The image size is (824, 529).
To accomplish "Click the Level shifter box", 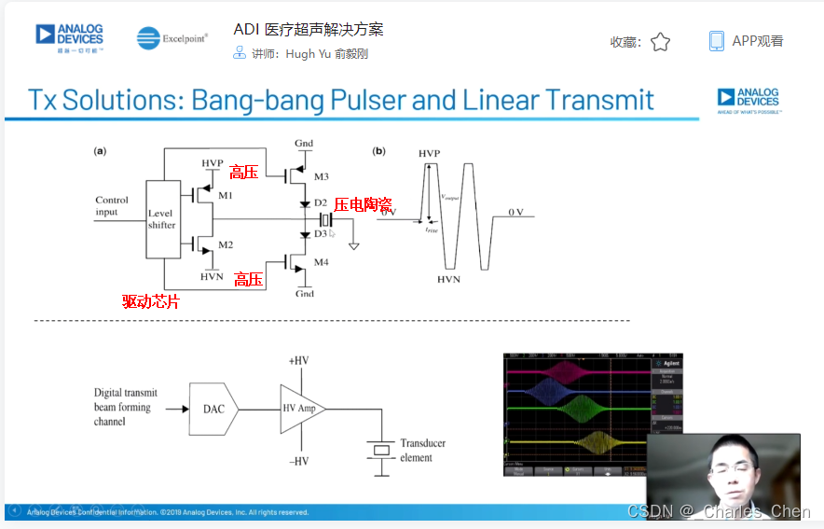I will click(x=163, y=219).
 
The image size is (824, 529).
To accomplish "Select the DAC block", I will click(x=213, y=408).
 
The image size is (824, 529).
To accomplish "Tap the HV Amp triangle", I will click(x=302, y=408).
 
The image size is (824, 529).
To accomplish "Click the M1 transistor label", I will click(x=226, y=195).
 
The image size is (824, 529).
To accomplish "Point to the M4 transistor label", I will click(x=322, y=261).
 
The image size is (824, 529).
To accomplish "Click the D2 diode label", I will click(x=320, y=202).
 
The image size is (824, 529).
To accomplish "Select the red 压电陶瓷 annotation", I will click(x=362, y=204).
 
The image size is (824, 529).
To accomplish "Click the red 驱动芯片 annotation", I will click(x=150, y=301).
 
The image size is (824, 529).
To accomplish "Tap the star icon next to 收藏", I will click(x=660, y=42).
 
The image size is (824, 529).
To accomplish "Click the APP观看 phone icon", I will click(x=716, y=41).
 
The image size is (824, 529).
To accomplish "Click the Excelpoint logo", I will click(x=172, y=38).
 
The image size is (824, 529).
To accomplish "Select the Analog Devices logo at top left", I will click(x=70, y=37).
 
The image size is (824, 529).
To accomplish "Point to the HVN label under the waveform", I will click(x=448, y=279).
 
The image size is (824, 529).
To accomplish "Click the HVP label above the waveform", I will click(x=430, y=152).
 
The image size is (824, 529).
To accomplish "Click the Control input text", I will click(x=112, y=206).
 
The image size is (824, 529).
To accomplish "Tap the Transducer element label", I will click(x=422, y=451).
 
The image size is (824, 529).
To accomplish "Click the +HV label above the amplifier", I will click(x=298, y=360).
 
